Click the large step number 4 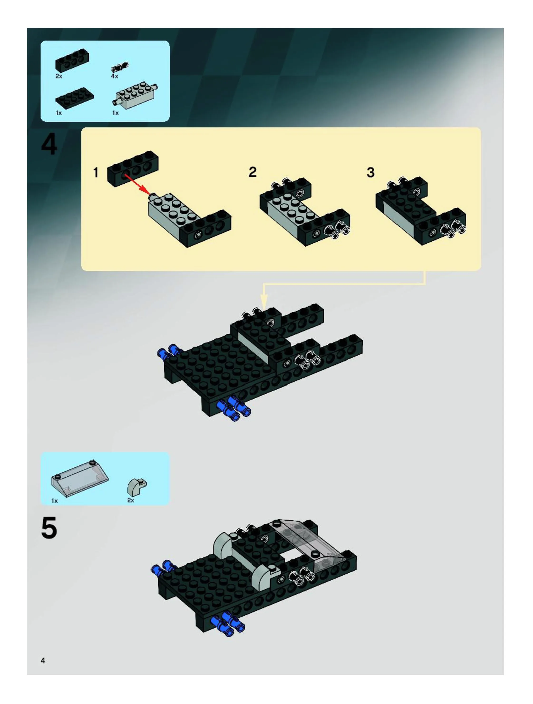coord(49,144)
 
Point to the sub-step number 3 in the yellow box coord(370,172)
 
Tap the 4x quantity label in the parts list coord(115,76)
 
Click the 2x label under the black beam coord(59,76)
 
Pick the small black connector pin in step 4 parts coord(120,67)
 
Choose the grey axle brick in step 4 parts coord(135,95)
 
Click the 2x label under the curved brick coord(131,500)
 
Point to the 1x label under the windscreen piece coord(55,501)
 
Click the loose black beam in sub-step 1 coord(133,169)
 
